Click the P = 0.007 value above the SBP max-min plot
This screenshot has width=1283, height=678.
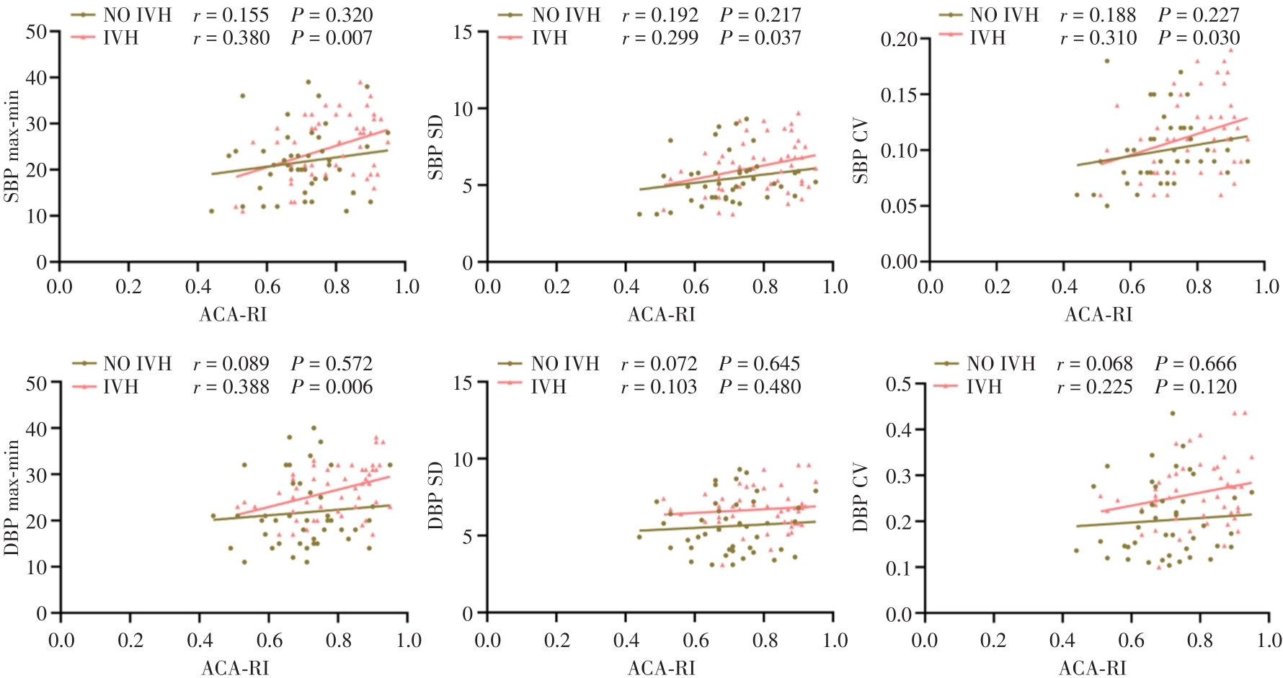pyautogui.click(x=332, y=38)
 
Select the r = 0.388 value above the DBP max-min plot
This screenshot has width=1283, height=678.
pyautogui.click(x=231, y=387)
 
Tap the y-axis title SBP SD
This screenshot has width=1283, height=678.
pyautogui.click(x=436, y=148)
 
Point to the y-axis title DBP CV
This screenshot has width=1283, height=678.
pyautogui.click(x=861, y=498)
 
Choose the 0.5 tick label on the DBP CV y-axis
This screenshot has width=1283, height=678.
pyautogui.click(x=899, y=384)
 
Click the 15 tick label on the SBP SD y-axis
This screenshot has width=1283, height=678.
pyautogui.click(x=463, y=32)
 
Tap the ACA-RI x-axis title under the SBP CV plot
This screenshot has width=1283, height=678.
pyautogui.click(x=1098, y=314)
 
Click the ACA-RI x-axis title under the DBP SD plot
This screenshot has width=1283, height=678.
pyautogui.click(x=661, y=668)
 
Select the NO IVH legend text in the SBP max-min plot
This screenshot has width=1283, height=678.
pyautogui.click(x=137, y=15)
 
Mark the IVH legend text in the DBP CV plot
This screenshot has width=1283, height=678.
pyautogui.click(x=984, y=387)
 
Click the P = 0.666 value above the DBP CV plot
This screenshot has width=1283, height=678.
pyautogui.click(x=1195, y=364)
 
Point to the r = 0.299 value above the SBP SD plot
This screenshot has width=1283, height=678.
pyautogui.click(x=660, y=38)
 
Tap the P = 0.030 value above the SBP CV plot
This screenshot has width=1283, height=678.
pyautogui.click(x=1199, y=38)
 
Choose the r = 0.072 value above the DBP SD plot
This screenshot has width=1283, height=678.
pyautogui.click(x=659, y=364)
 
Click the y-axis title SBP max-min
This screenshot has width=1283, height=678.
pyautogui.click(x=12, y=148)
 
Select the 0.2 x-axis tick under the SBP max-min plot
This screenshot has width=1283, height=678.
pyautogui.click(x=128, y=287)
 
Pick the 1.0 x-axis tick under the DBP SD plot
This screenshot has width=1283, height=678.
pyautogui.click(x=835, y=640)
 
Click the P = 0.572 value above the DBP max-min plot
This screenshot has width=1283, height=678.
pyautogui.click(x=332, y=364)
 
